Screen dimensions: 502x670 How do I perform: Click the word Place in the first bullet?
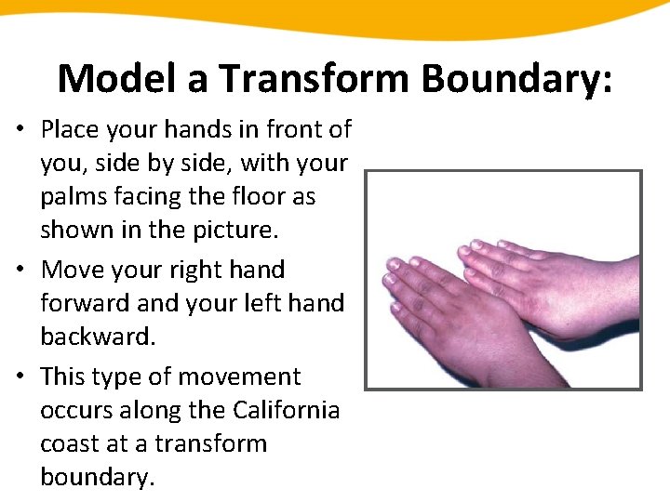[x=69, y=128]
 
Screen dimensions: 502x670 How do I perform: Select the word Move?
[x=71, y=271]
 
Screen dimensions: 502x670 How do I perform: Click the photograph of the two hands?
[x=502, y=280]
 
